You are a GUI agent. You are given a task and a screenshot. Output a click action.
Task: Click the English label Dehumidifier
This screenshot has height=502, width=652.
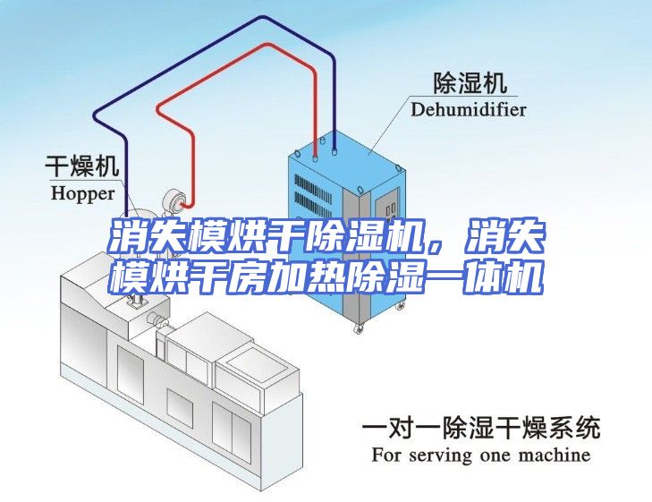469,109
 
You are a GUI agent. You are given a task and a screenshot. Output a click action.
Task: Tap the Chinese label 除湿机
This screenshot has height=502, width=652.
470,82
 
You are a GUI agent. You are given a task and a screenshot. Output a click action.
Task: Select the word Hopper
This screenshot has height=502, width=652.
82,194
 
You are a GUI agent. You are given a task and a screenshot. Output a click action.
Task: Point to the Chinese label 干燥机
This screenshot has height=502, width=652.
82,166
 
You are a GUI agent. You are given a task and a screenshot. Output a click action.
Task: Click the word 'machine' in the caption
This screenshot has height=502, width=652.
555,455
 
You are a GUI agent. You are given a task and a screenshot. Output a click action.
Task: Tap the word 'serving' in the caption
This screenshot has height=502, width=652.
440,455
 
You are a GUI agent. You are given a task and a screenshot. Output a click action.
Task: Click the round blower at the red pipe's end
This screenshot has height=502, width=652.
173,202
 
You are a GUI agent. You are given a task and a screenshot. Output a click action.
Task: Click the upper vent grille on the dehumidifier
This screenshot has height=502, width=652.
313,190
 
